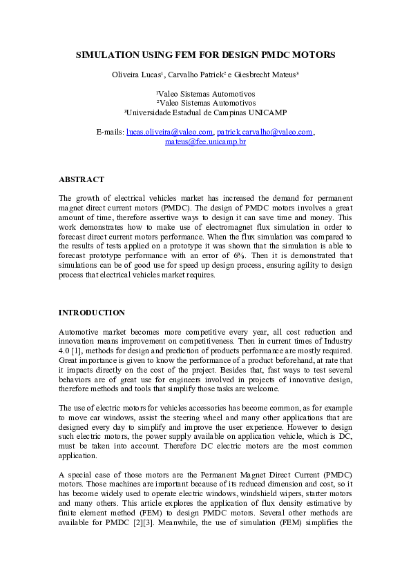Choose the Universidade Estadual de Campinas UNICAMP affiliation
[205, 112]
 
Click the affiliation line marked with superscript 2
[205, 102]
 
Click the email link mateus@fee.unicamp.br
[205, 141]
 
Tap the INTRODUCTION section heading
[92, 313]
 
